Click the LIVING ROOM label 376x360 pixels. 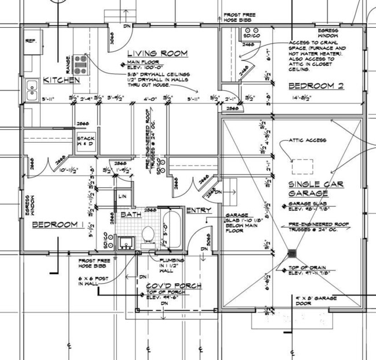(157, 53)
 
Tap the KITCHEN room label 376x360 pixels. (56, 80)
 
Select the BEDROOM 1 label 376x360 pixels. (57, 224)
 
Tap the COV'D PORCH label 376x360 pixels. (173, 286)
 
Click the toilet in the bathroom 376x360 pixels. (148, 236)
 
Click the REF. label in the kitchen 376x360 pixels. (31, 41)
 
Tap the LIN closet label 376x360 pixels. (122, 197)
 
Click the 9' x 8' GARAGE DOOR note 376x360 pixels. (315, 302)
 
